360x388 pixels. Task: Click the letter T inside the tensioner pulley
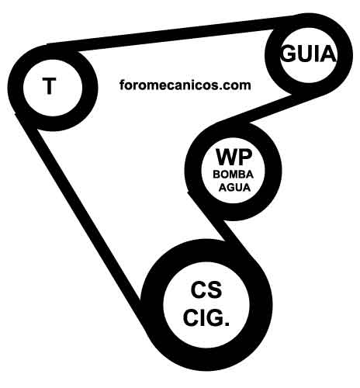click(x=49, y=85)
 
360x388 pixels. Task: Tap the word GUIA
click(x=308, y=54)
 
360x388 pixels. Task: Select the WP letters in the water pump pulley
click(x=234, y=157)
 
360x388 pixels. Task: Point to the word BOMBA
click(x=233, y=175)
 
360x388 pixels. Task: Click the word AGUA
click(x=234, y=187)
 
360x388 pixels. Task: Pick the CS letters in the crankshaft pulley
click(x=206, y=289)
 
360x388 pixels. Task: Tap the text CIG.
click(x=206, y=317)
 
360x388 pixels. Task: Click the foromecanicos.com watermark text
click(x=185, y=85)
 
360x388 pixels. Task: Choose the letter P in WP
click(x=246, y=157)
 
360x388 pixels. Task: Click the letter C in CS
click(x=199, y=289)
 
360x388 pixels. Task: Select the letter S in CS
click(x=215, y=289)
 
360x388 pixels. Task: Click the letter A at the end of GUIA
click(x=328, y=54)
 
